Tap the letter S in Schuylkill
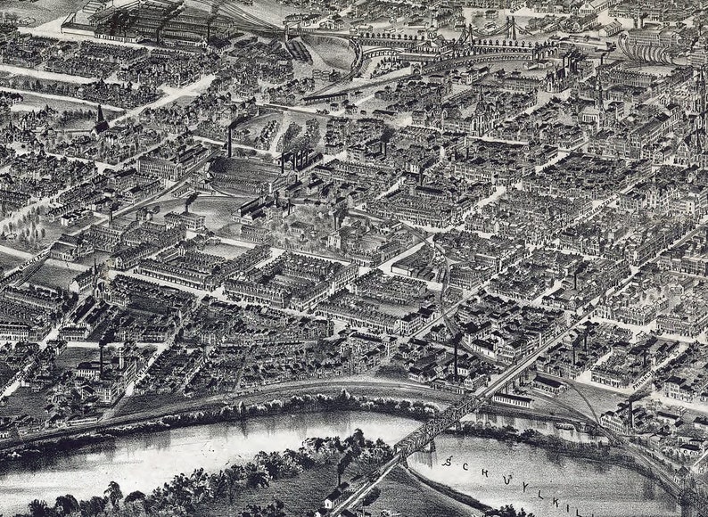(448, 462)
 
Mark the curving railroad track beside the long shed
(571, 392)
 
